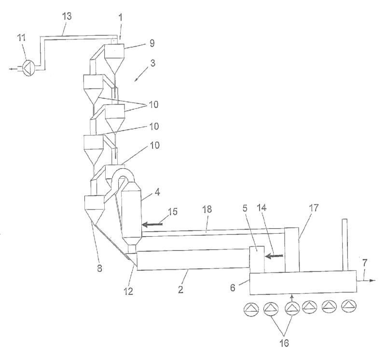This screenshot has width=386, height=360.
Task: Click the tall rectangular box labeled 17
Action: point(291,250)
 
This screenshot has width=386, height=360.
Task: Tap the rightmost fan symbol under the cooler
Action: point(348,307)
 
